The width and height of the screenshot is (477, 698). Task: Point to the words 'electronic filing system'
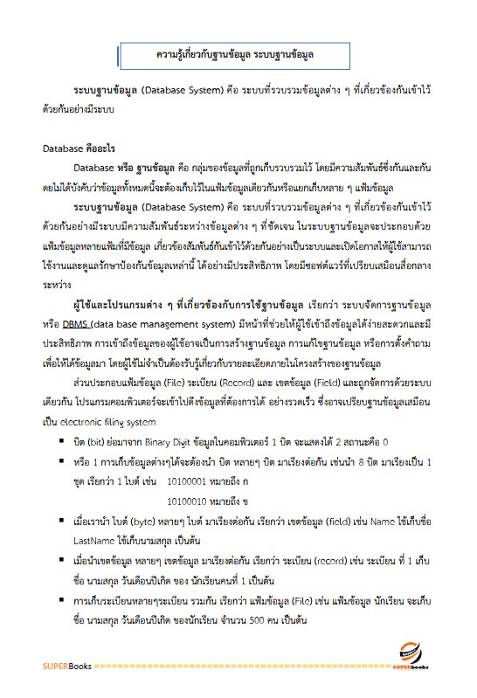coord(122,422)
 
